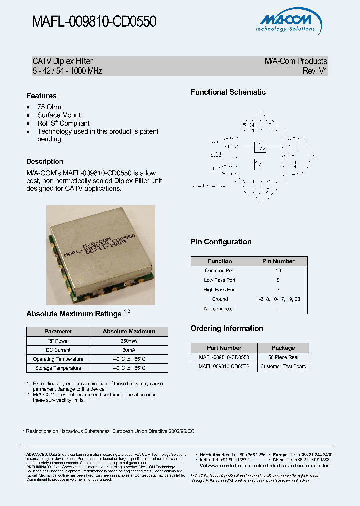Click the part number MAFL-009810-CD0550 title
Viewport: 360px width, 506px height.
94,21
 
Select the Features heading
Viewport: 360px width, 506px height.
41,96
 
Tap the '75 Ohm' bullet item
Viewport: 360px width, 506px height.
49,107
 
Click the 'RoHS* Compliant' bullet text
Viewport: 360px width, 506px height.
63,123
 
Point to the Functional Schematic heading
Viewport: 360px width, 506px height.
228,92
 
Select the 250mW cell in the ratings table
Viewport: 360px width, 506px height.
129,341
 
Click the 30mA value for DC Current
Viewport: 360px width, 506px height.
129,350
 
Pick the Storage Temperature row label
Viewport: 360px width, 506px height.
58,368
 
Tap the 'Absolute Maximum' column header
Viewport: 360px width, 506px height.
129,331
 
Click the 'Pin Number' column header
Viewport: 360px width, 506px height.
278,261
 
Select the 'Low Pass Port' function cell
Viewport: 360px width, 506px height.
219,280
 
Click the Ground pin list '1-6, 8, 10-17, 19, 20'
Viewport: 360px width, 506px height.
278,299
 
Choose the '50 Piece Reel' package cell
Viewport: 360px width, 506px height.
283,357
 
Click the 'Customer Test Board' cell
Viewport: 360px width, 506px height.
283,366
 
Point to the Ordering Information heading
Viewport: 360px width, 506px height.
227,328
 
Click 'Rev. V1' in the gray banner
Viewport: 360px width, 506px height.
315,71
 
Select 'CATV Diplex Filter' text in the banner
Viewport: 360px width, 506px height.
63,61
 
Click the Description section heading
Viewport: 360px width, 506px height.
45,162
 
